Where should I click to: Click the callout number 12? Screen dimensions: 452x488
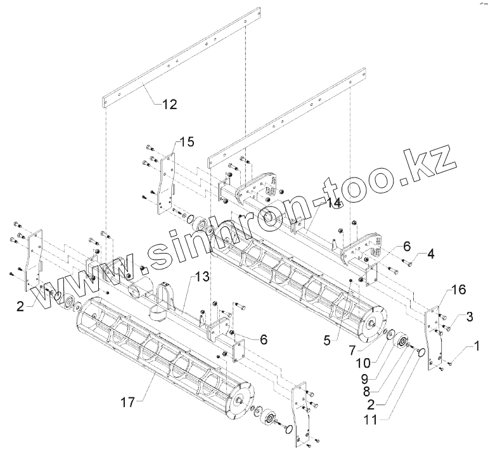coord(169,104)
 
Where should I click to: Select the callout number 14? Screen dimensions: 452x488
coord(333,203)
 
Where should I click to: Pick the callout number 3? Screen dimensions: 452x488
coord(469,315)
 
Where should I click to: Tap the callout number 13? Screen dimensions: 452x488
coord(202,276)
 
